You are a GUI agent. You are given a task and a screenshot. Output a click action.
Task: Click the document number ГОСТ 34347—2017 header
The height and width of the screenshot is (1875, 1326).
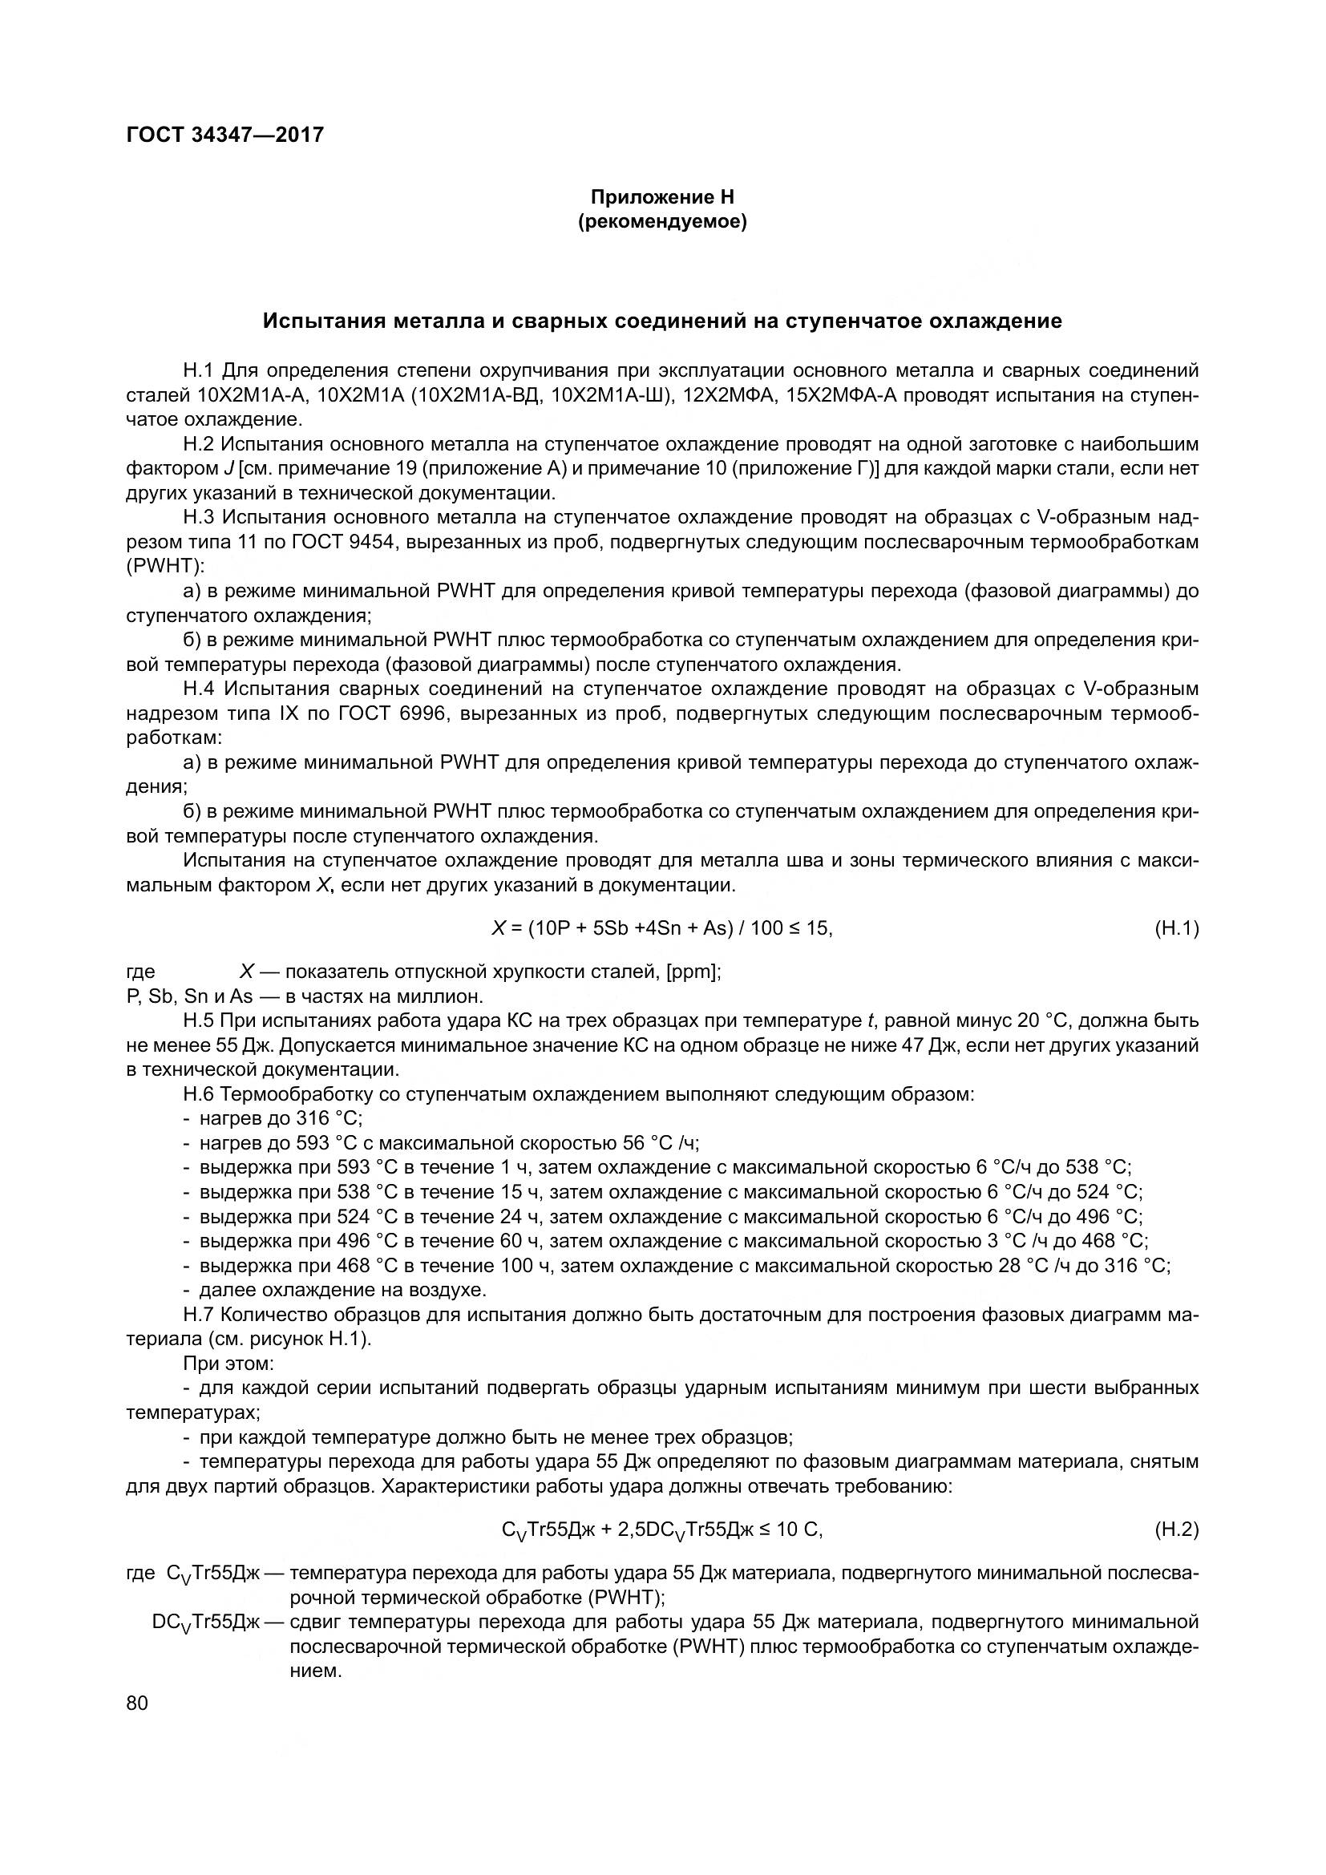click(225, 135)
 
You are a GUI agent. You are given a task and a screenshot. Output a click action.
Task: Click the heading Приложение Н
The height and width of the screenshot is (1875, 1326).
click(662, 197)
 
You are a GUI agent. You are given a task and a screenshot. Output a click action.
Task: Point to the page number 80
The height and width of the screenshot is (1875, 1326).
click(137, 1703)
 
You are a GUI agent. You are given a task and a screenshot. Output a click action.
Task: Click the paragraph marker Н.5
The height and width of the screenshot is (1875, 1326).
click(200, 1020)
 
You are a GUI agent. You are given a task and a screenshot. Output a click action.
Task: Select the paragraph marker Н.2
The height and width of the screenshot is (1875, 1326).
click(200, 444)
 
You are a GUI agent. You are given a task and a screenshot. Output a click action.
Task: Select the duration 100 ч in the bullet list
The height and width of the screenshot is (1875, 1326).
click(527, 1266)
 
